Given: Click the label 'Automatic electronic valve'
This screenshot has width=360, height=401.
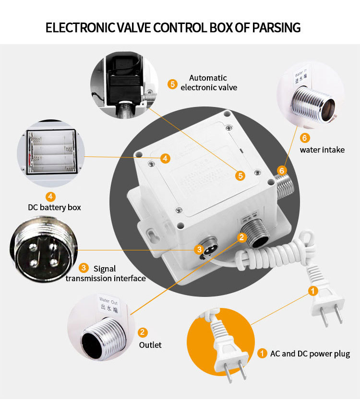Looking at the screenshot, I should [x=208, y=83].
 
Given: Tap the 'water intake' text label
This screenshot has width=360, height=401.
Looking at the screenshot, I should [x=322, y=150].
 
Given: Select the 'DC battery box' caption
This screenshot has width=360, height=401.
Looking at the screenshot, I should [x=54, y=207].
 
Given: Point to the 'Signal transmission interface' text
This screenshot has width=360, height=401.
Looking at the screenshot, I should [x=106, y=273].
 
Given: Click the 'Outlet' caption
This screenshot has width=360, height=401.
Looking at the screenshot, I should [x=150, y=345].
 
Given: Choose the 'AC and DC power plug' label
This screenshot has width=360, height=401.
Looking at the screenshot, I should [x=310, y=354].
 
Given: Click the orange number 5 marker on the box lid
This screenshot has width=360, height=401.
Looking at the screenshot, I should [x=240, y=176].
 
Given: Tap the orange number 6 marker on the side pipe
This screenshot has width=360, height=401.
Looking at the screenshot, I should [x=282, y=170].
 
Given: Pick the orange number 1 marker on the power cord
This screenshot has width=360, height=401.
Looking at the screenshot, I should [x=312, y=291].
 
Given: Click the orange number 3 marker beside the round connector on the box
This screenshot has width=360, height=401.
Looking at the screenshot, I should [x=199, y=249].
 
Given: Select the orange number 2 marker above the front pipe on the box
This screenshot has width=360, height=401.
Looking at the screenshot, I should [x=241, y=237].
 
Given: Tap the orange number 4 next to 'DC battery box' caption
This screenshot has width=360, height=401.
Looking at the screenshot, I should [x=50, y=196].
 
